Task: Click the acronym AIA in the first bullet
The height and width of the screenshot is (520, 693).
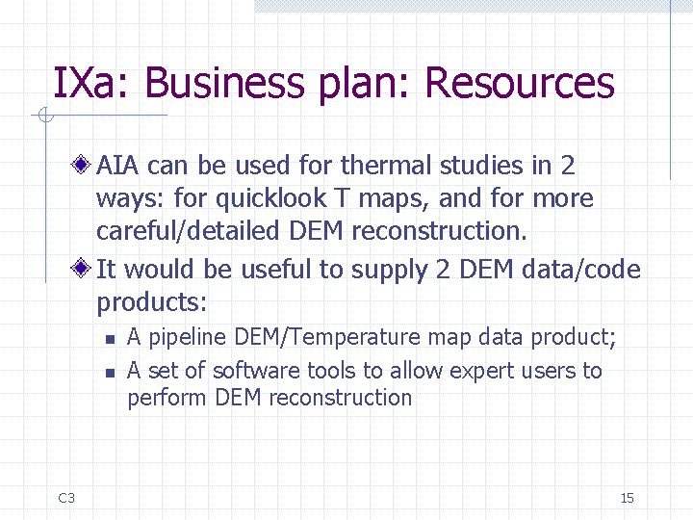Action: (x=118, y=167)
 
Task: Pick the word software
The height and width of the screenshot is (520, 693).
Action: (x=255, y=371)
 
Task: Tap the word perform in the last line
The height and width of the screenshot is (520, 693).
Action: (x=167, y=398)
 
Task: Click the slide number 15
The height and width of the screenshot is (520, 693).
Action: (x=627, y=498)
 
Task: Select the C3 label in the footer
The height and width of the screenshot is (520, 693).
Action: (x=66, y=498)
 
